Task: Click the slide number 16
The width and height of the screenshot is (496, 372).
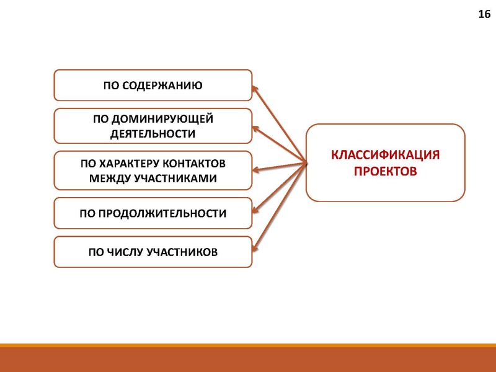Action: (484, 14)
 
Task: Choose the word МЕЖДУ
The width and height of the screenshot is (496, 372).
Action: (108, 178)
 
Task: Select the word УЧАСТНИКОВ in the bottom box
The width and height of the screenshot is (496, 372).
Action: (182, 252)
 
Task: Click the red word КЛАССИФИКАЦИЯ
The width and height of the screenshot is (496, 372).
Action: (385, 155)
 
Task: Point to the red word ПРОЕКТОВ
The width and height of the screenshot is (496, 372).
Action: (385, 171)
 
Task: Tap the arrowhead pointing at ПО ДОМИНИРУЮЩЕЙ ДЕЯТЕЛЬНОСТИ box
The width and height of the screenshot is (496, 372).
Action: (256, 128)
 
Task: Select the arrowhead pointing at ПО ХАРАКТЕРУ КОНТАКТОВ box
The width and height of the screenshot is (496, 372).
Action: (256, 169)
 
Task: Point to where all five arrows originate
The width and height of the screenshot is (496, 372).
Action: (307, 163)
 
